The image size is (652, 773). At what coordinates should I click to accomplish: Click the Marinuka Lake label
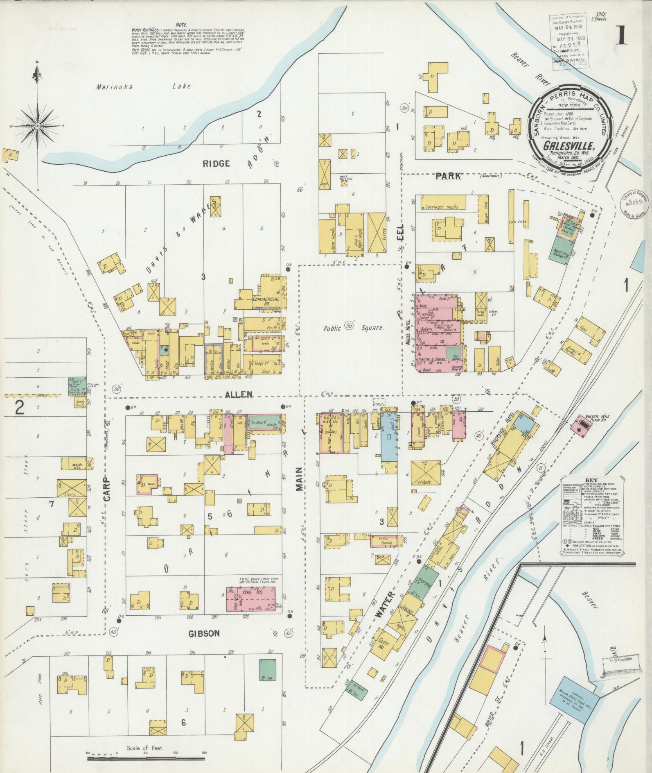click(145, 86)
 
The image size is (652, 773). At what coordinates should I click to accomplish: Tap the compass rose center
click(37, 126)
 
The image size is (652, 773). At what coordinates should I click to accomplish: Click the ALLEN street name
click(238, 394)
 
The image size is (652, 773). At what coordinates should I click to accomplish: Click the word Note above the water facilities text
click(180, 25)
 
